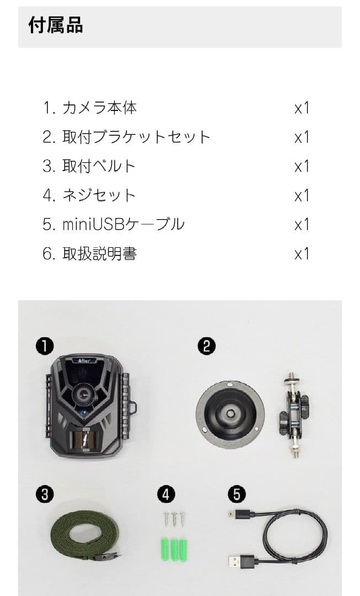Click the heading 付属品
click(55, 25)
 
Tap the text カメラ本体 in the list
click(99, 108)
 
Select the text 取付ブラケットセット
click(136, 137)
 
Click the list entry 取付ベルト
click(99, 166)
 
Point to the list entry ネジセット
click(99, 195)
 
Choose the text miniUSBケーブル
click(123, 225)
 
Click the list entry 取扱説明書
click(99, 254)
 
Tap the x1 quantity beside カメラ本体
click(301, 108)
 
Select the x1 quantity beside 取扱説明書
click(301, 254)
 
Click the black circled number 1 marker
click(44, 346)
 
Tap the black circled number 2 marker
click(206, 346)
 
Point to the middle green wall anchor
click(174, 549)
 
